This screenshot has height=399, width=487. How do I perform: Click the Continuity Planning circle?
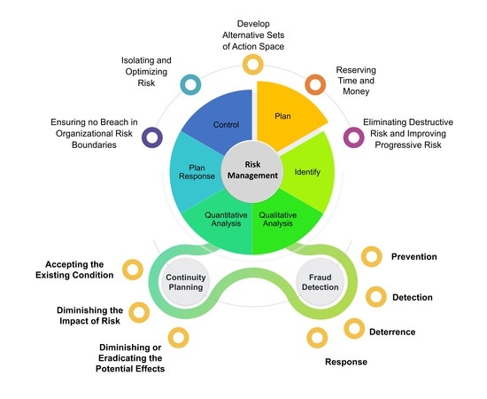[x=186, y=282]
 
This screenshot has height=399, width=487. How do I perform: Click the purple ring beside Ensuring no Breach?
[x=153, y=137]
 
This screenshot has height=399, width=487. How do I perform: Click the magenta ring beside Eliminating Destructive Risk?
[x=352, y=137]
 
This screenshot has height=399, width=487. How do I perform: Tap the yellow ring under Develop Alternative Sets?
[x=253, y=64]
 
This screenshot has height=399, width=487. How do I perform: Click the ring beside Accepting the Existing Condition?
[x=133, y=269]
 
